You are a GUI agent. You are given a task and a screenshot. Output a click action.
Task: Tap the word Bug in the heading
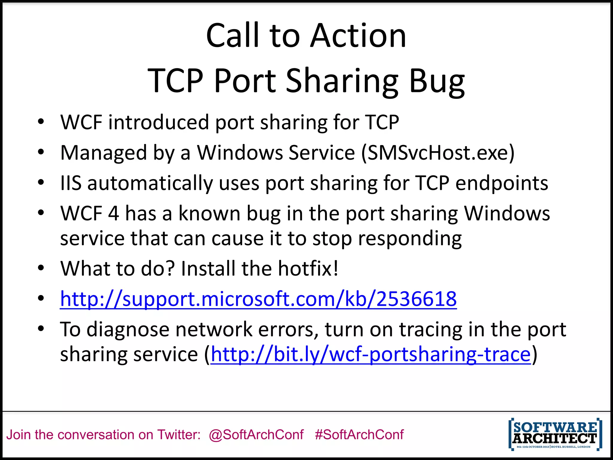point(437,81)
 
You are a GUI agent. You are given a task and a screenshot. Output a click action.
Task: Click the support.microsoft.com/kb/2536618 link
point(258,299)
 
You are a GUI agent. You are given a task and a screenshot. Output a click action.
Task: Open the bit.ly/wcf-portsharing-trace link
point(371,354)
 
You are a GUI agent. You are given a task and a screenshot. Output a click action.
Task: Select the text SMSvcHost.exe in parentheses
point(438,153)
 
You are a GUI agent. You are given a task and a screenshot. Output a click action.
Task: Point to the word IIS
point(71,183)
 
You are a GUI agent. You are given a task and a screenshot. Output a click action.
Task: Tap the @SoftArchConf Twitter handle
point(256,435)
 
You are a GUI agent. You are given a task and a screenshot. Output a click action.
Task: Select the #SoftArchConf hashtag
point(359,435)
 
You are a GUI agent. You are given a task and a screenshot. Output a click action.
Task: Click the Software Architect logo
point(555,434)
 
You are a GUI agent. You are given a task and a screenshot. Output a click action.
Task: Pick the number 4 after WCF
point(113,214)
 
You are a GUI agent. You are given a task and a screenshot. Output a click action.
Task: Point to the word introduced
point(158,122)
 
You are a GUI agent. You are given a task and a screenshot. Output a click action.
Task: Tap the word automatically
point(150,183)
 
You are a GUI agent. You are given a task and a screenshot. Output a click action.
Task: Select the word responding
point(410,239)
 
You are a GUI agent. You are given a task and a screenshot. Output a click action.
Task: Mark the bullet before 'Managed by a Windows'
point(41,152)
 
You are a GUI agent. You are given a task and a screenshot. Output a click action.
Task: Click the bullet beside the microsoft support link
point(41,298)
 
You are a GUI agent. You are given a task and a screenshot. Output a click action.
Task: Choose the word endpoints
point(502,183)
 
